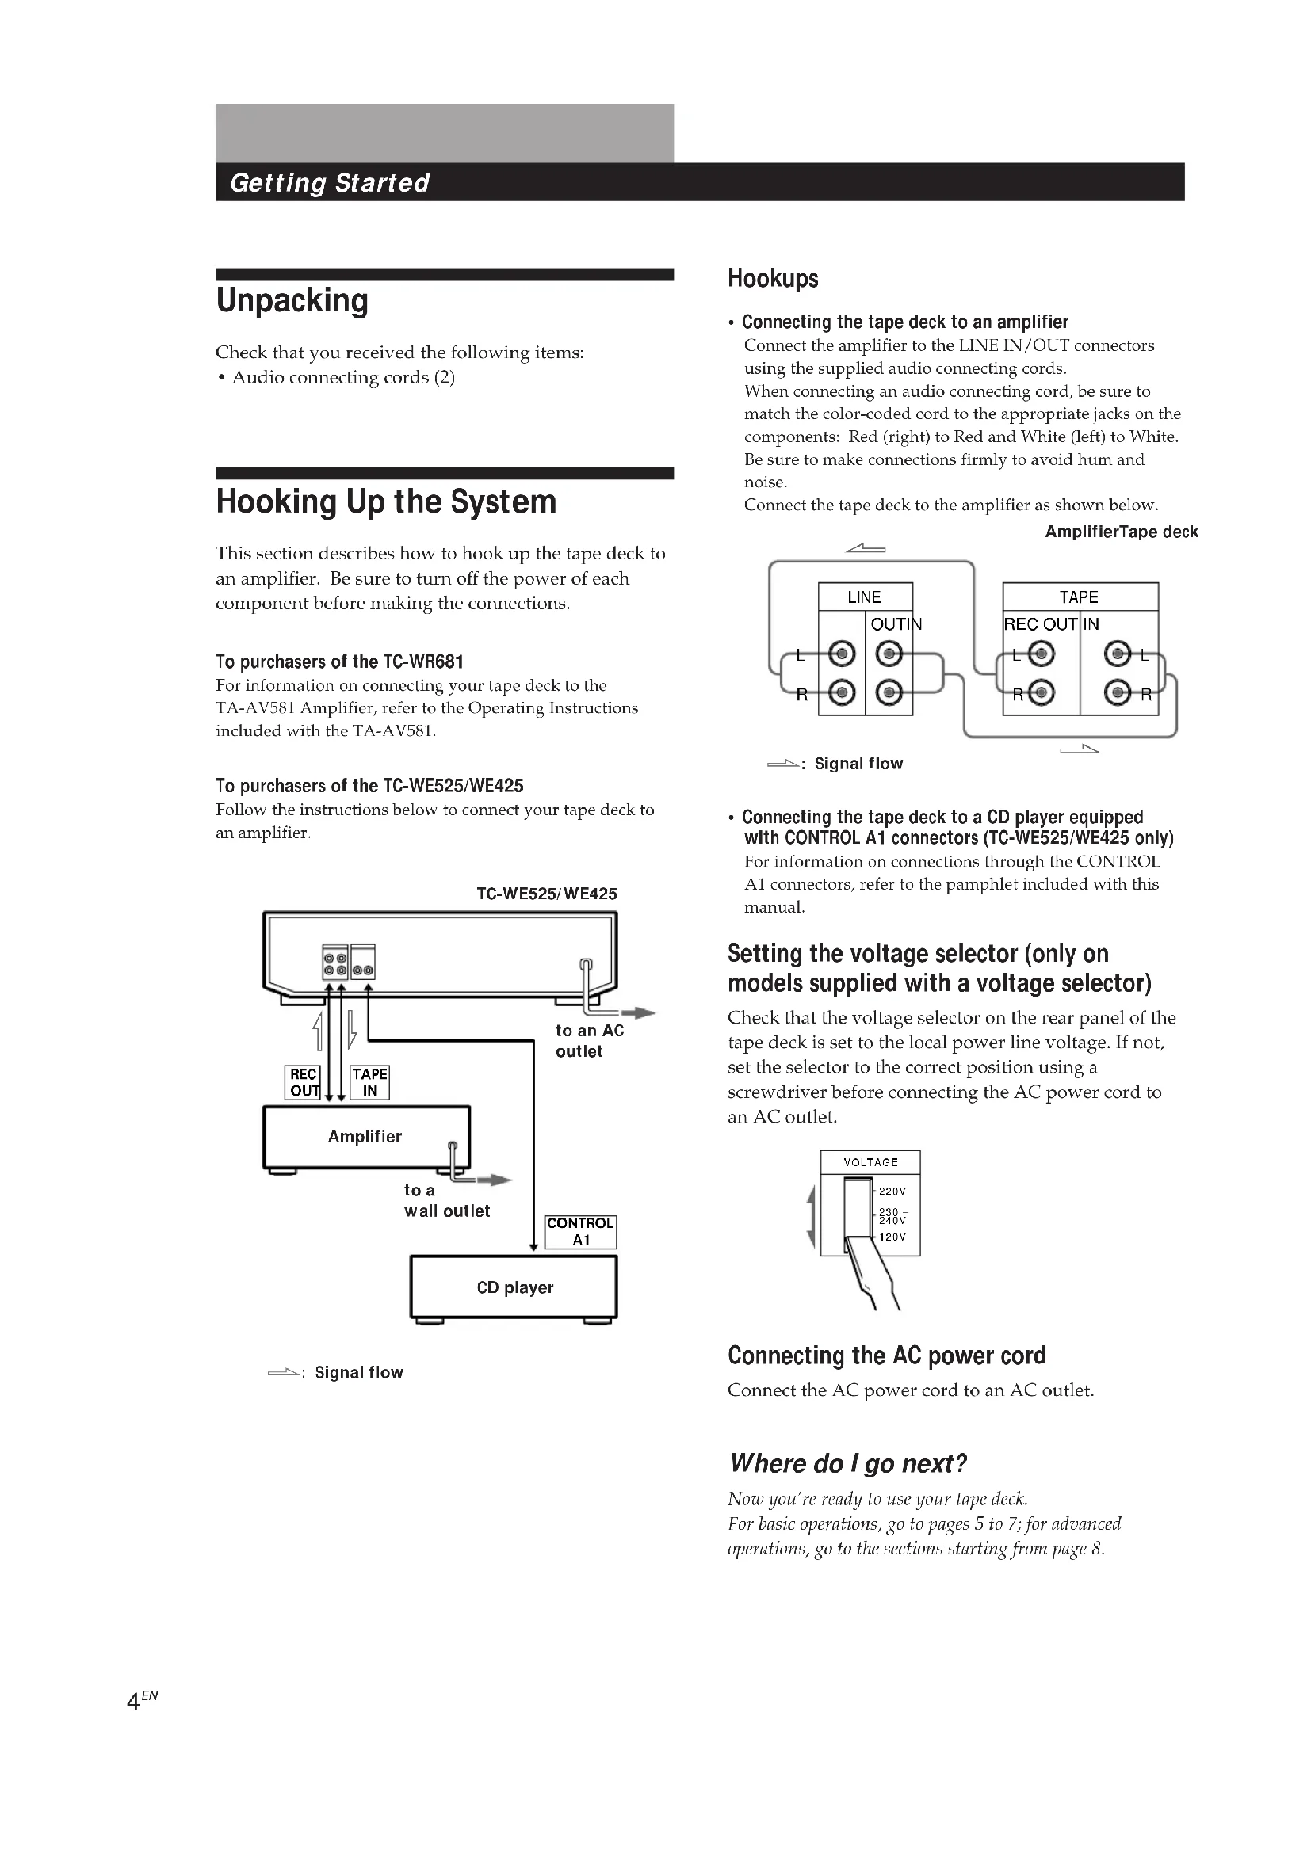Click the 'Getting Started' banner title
pyautogui.click(x=330, y=182)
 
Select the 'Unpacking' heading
pyautogui.click(x=292, y=300)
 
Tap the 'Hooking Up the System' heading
pyautogui.click(x=386, y=501)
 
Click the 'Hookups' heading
pyautogui.click(x=773, y=278)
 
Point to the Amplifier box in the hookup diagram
pyautogui.click(x=365, y=1136)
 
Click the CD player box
pyautogui.click(x=514, y=1287)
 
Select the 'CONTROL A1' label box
pyautogui.click(x=580, y=1232)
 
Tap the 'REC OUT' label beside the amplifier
pyautogui.click(x=304, y=1082)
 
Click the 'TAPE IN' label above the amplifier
pyautogui.click(x=369, y=1082)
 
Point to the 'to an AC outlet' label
pyautogui.click(x=589, y=1040)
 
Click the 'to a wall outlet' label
pyautogui.click(x=446, y=1200)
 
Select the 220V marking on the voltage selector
pyautogui.click(x=892, y=1191)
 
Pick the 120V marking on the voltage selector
pyautogui.click(x=892, y=1237)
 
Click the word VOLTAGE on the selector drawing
pyautogui.click(x=870, y=1162)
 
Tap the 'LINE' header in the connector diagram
pyautogui.click(x=864, y=597)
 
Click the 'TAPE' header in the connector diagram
pyautogui.click(x=1079, y=597)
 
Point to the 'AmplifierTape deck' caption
pyautogui.click(x=1122, y=532)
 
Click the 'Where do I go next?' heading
pyautogui.click(x=847, y=1463)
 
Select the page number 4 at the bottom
pyautogui.click(x=134, y=1702)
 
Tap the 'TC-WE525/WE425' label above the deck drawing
pyautogui.click(x=547, y=894)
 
